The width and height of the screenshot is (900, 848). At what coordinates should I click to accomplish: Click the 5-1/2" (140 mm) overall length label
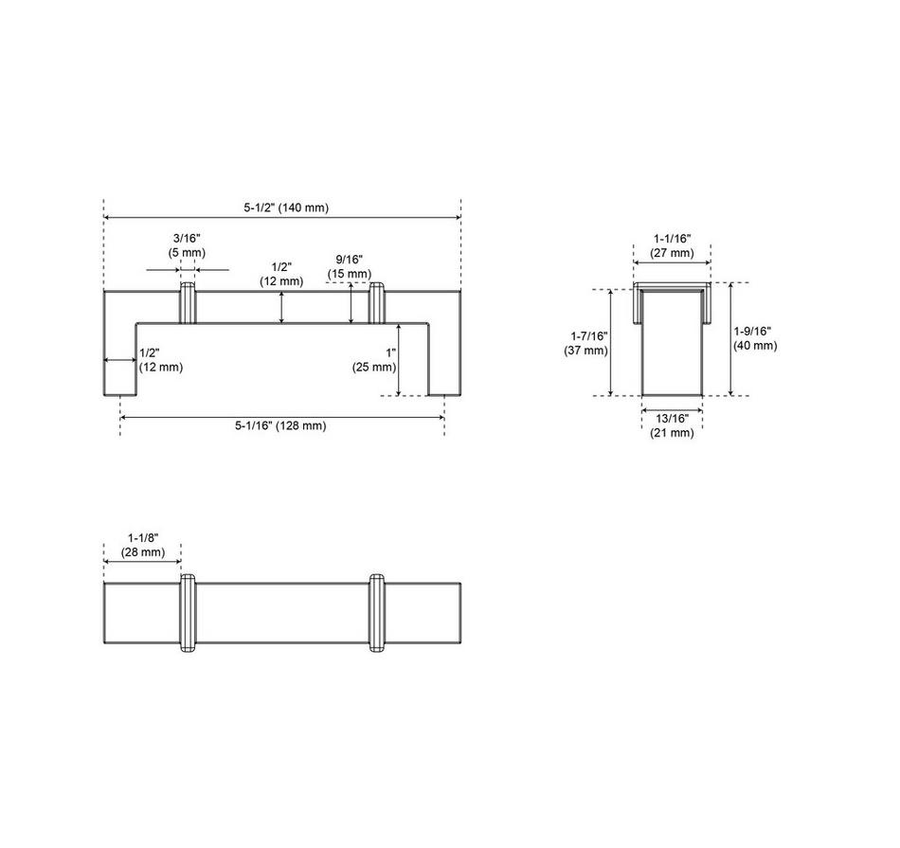coord(286,207)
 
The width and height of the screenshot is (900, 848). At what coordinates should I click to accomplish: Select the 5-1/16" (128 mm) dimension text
coord(280,425)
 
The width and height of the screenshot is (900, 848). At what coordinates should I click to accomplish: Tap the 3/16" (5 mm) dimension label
coord(187,245)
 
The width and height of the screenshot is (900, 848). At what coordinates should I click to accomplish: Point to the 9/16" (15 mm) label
coord(350,267)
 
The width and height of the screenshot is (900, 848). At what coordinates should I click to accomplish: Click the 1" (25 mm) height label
coord(374,360)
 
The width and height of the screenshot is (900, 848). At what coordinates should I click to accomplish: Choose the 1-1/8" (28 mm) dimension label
coord(142,546)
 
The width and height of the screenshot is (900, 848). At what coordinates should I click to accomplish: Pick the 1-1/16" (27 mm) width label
coord(672,245)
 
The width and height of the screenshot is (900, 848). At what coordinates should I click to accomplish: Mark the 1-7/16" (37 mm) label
coord(586,343)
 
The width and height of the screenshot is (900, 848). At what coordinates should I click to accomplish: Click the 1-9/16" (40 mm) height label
coord(755,338)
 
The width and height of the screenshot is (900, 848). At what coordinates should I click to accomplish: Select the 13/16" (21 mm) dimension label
coord(672,425)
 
